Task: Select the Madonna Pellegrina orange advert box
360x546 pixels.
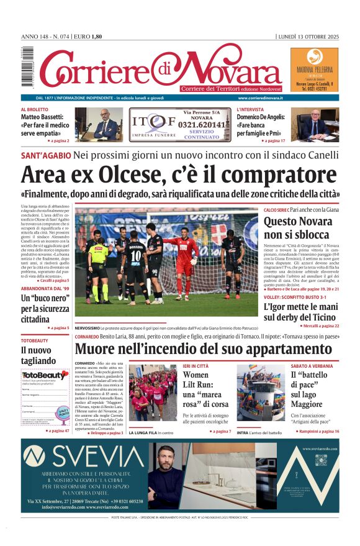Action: (x=315, y=70)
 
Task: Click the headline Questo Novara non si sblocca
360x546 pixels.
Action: (x=296, y=228)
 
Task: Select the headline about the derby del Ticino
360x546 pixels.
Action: (x=301, y=311)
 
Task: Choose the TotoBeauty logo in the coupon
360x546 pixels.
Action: (x=44, y=375)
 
